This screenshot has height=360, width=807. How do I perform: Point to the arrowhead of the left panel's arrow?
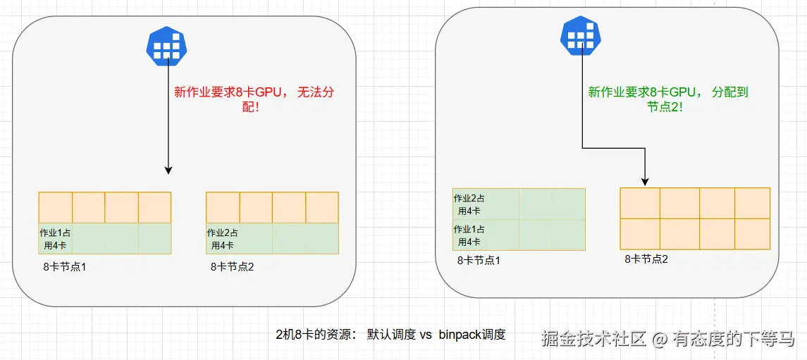coord(168,170)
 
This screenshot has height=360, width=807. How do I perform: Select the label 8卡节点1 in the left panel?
coord(64,267)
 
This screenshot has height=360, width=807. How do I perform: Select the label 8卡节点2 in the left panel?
coord(232,267)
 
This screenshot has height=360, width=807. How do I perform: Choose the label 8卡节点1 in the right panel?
coord(479,260)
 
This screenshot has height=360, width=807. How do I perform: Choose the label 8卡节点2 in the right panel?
coord(646,259)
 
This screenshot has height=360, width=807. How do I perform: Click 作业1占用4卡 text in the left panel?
coord(55,239)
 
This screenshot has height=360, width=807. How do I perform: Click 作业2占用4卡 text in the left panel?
coord(222,239)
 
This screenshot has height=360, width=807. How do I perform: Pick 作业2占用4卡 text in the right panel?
coord(469,204)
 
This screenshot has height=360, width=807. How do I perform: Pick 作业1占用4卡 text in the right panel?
coord(469,235)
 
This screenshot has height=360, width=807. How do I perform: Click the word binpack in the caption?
coord(460,335)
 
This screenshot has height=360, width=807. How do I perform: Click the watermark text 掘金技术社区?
coord(593,339)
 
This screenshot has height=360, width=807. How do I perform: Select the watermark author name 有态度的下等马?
coord(733,339)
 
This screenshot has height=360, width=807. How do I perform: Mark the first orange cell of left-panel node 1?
coord(56,208)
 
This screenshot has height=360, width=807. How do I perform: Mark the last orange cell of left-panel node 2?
coord(322,208)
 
